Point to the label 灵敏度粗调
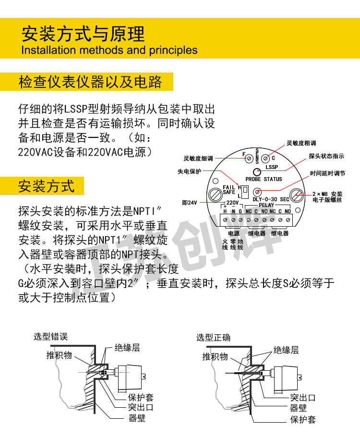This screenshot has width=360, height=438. (301, 143)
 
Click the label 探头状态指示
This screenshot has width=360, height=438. (326, 157)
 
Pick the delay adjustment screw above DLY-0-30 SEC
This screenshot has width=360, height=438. (257, 191)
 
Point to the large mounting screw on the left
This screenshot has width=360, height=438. (215, 195)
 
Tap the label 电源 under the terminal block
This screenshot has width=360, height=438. (233, 233)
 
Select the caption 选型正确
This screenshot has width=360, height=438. (213, 337)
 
